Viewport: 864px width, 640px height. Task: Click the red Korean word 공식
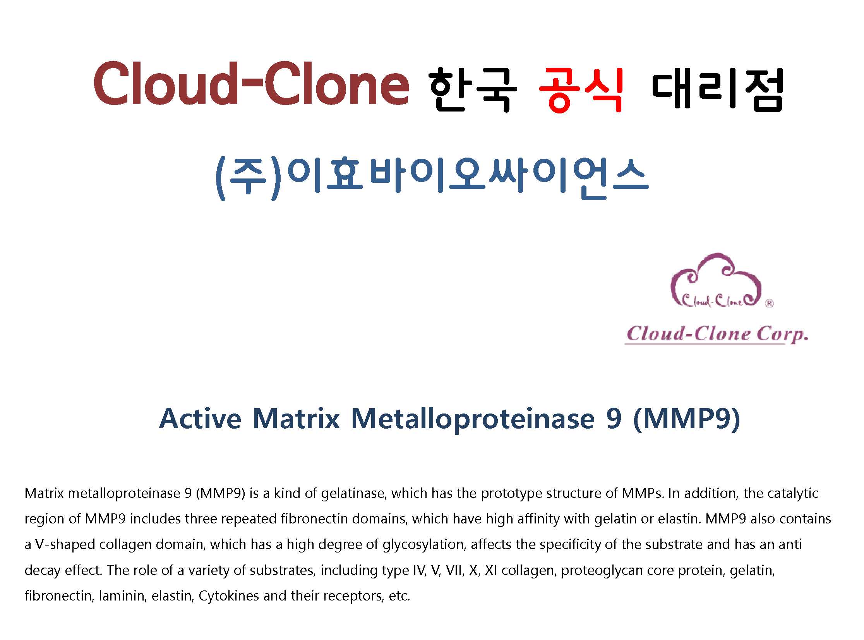click(x=581, y=90)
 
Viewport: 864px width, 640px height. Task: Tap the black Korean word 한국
click(x=473, y=90)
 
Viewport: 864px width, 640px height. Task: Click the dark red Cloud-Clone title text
click(x=251, y=83)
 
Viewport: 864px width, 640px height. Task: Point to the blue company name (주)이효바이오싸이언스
click(x=431, y=179)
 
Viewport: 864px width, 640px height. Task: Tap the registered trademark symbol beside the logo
click(x=770, y=303)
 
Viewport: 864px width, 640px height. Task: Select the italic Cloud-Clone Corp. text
click(x=717, y=335)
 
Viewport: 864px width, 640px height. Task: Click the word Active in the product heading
click(x=200, y=419)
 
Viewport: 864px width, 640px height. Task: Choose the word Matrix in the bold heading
click(x=296, y=419)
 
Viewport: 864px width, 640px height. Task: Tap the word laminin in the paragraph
click(x=123, y=596)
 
